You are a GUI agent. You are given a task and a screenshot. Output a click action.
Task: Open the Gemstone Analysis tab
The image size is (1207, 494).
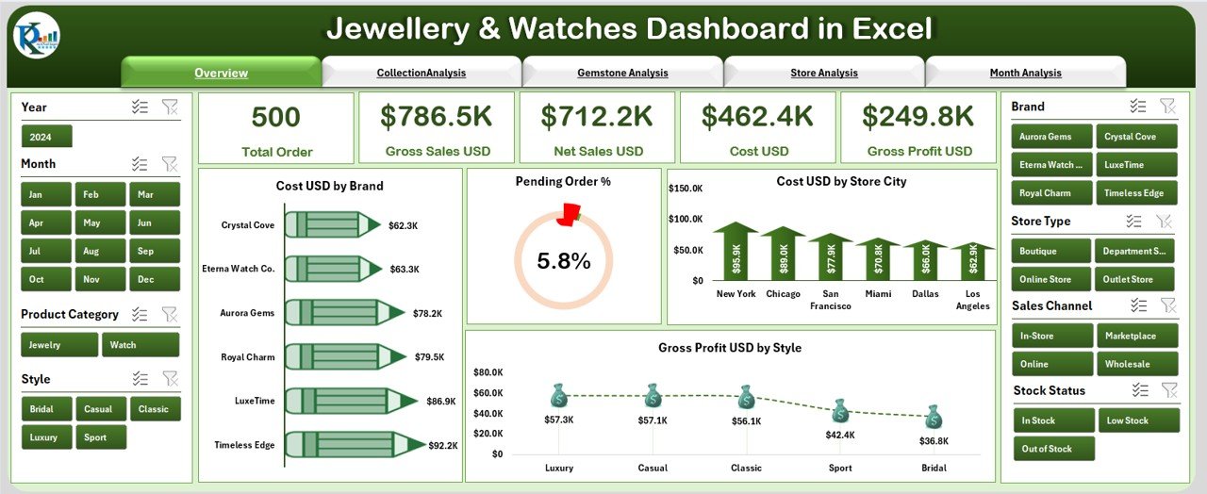point(622,73)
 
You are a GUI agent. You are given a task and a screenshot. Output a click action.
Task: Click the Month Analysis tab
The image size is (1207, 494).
point(1025,73)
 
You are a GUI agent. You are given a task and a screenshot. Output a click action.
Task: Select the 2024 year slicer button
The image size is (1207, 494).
point(46,137)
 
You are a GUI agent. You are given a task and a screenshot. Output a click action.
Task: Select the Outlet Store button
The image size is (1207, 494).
point(1135,279)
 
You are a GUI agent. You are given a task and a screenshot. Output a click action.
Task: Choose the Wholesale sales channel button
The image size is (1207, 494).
point(1135,364)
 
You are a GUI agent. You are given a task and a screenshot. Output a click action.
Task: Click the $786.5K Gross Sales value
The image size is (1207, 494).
point(437,116)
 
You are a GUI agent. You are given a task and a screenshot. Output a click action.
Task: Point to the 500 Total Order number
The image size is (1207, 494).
point(276,117)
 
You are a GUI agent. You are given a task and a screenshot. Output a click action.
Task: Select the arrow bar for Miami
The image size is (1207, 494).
point(878,258)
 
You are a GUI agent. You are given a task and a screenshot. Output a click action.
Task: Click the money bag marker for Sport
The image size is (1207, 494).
point(840,411)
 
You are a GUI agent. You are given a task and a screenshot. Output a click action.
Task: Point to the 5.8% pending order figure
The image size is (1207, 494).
point(564,261)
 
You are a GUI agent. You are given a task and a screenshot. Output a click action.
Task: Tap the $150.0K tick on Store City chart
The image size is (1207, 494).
point(686,189)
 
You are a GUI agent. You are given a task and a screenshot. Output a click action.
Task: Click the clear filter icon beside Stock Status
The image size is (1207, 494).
point(1169,390)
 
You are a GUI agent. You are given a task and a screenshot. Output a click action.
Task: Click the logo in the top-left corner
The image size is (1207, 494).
point(37,38)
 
